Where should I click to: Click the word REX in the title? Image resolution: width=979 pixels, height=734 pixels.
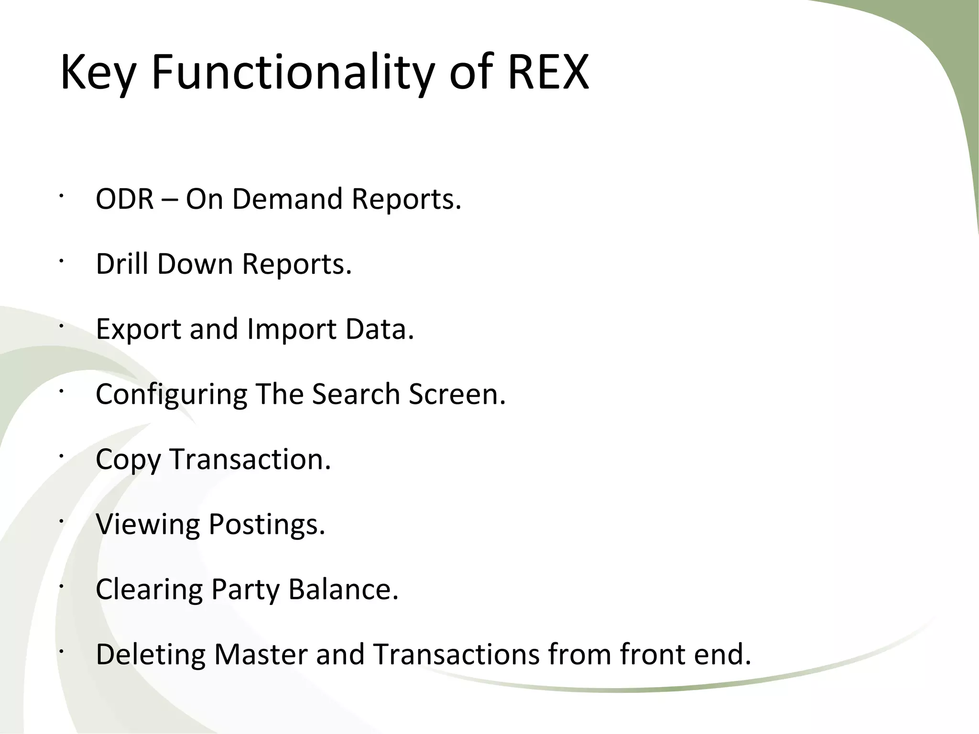click(x=548, y=73)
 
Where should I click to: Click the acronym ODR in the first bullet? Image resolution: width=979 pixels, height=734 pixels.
click(x=125, y=199)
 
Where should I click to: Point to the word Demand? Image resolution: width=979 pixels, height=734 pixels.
click(x=287, y=199)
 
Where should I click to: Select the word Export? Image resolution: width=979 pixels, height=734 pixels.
click(x=138, y=330)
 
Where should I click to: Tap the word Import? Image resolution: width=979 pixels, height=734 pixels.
click(x=292, y=330)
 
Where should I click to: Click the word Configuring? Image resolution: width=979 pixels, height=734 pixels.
click(x=171, y=395)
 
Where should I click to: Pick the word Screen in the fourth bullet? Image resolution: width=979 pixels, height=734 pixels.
click(x=457, y=395)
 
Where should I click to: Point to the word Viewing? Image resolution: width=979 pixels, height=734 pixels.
click(x=148, y=525)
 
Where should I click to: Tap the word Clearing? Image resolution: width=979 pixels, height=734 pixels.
click(x=149, y=590)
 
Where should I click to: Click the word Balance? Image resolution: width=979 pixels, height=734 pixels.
click(x=343, y=590)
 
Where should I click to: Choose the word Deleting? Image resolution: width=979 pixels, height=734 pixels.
click(x=151, y=655)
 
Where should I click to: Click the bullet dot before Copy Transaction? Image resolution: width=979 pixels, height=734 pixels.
click(x=61, y=456)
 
